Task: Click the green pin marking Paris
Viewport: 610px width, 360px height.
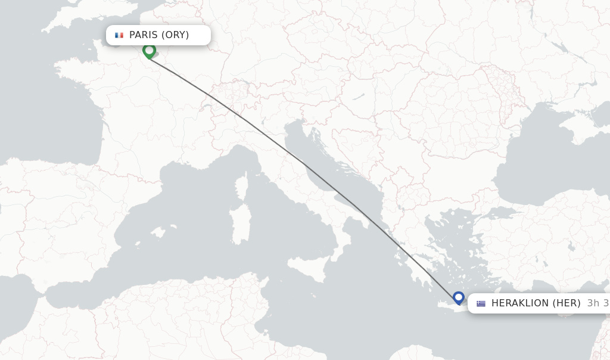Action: coord(149,51)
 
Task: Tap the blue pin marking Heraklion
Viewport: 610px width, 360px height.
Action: coord(458,297)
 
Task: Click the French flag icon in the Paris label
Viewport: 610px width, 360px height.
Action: coord(119,35)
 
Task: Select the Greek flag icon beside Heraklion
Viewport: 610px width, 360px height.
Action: coord(481,303)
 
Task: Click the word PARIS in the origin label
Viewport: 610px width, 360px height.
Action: coord(144,35)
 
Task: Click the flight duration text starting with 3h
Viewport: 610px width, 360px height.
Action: coord(597,303)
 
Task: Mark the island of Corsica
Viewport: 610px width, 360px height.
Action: coord(242,186)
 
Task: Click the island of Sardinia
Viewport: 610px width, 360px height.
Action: coord(240,224)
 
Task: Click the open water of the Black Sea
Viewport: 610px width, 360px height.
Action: coord(548,161)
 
